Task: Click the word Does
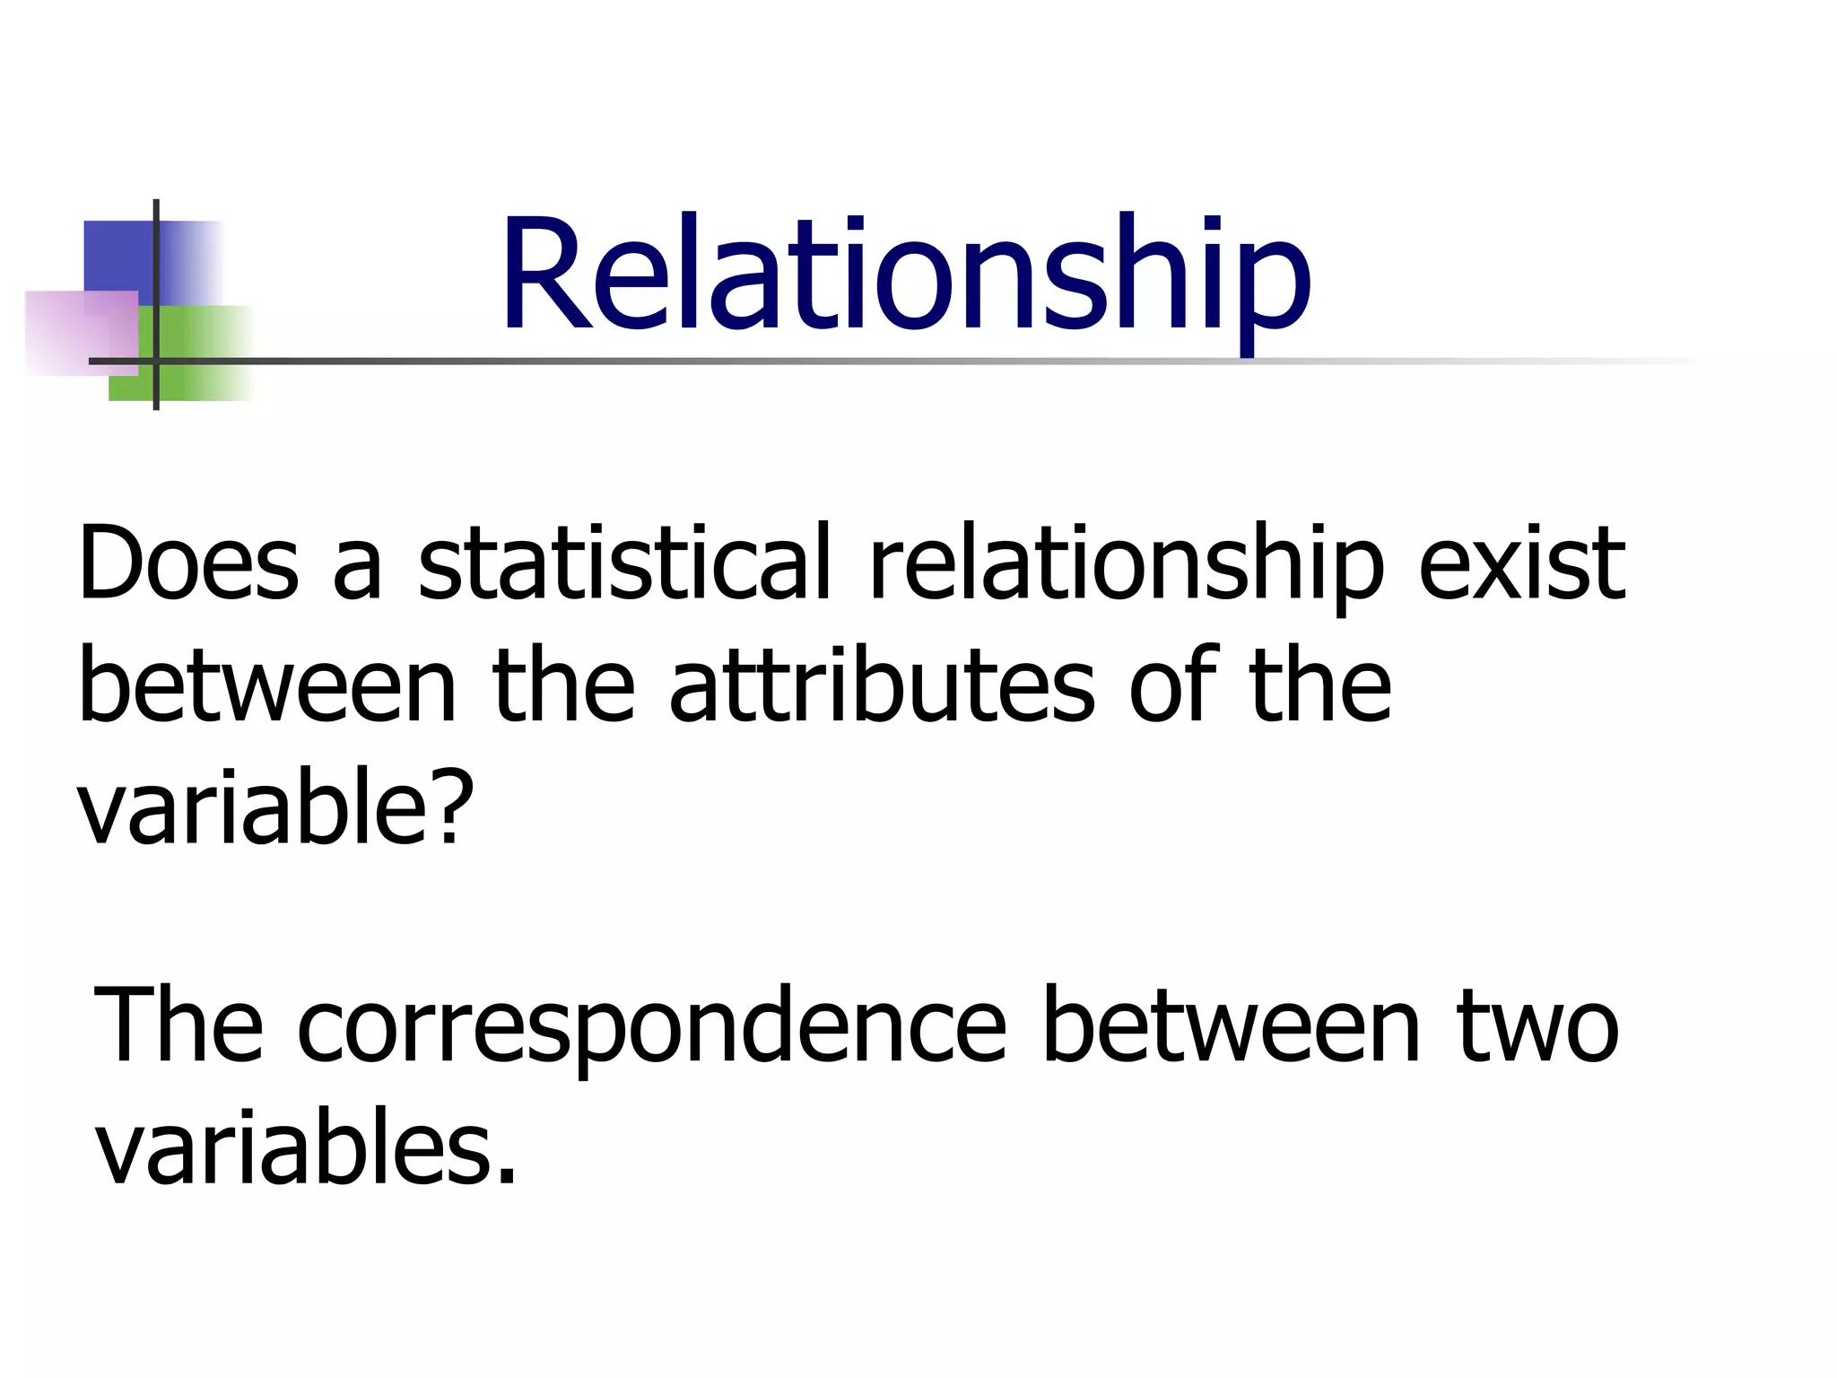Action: pos(188,563)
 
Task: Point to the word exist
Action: pos(1521,563)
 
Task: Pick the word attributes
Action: pos(882,686)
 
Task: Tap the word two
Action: pos(1537,1026)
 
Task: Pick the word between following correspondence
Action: pos(1232,1026)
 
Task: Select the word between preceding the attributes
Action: pos(268,686)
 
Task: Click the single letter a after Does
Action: pos(358,574)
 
